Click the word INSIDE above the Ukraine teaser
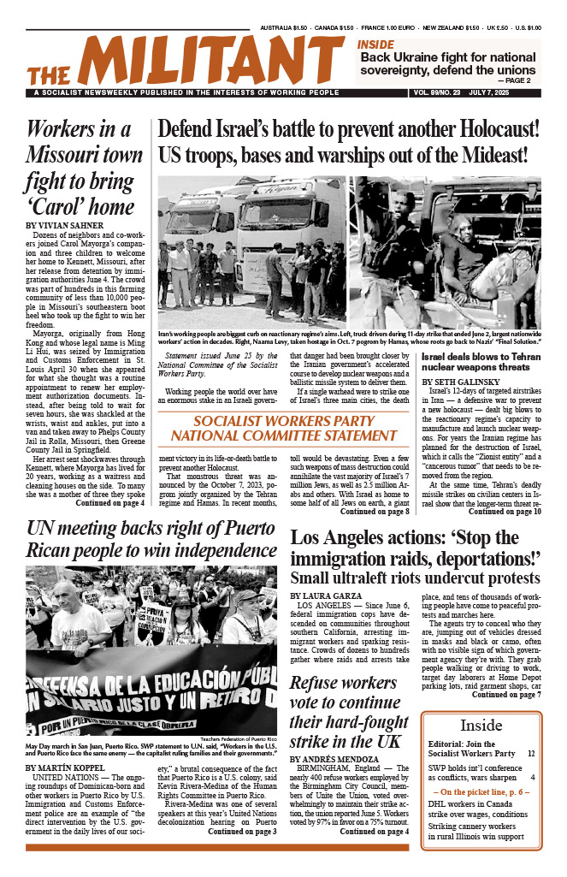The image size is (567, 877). coord(376,45)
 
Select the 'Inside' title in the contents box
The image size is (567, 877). coord(481,726)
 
